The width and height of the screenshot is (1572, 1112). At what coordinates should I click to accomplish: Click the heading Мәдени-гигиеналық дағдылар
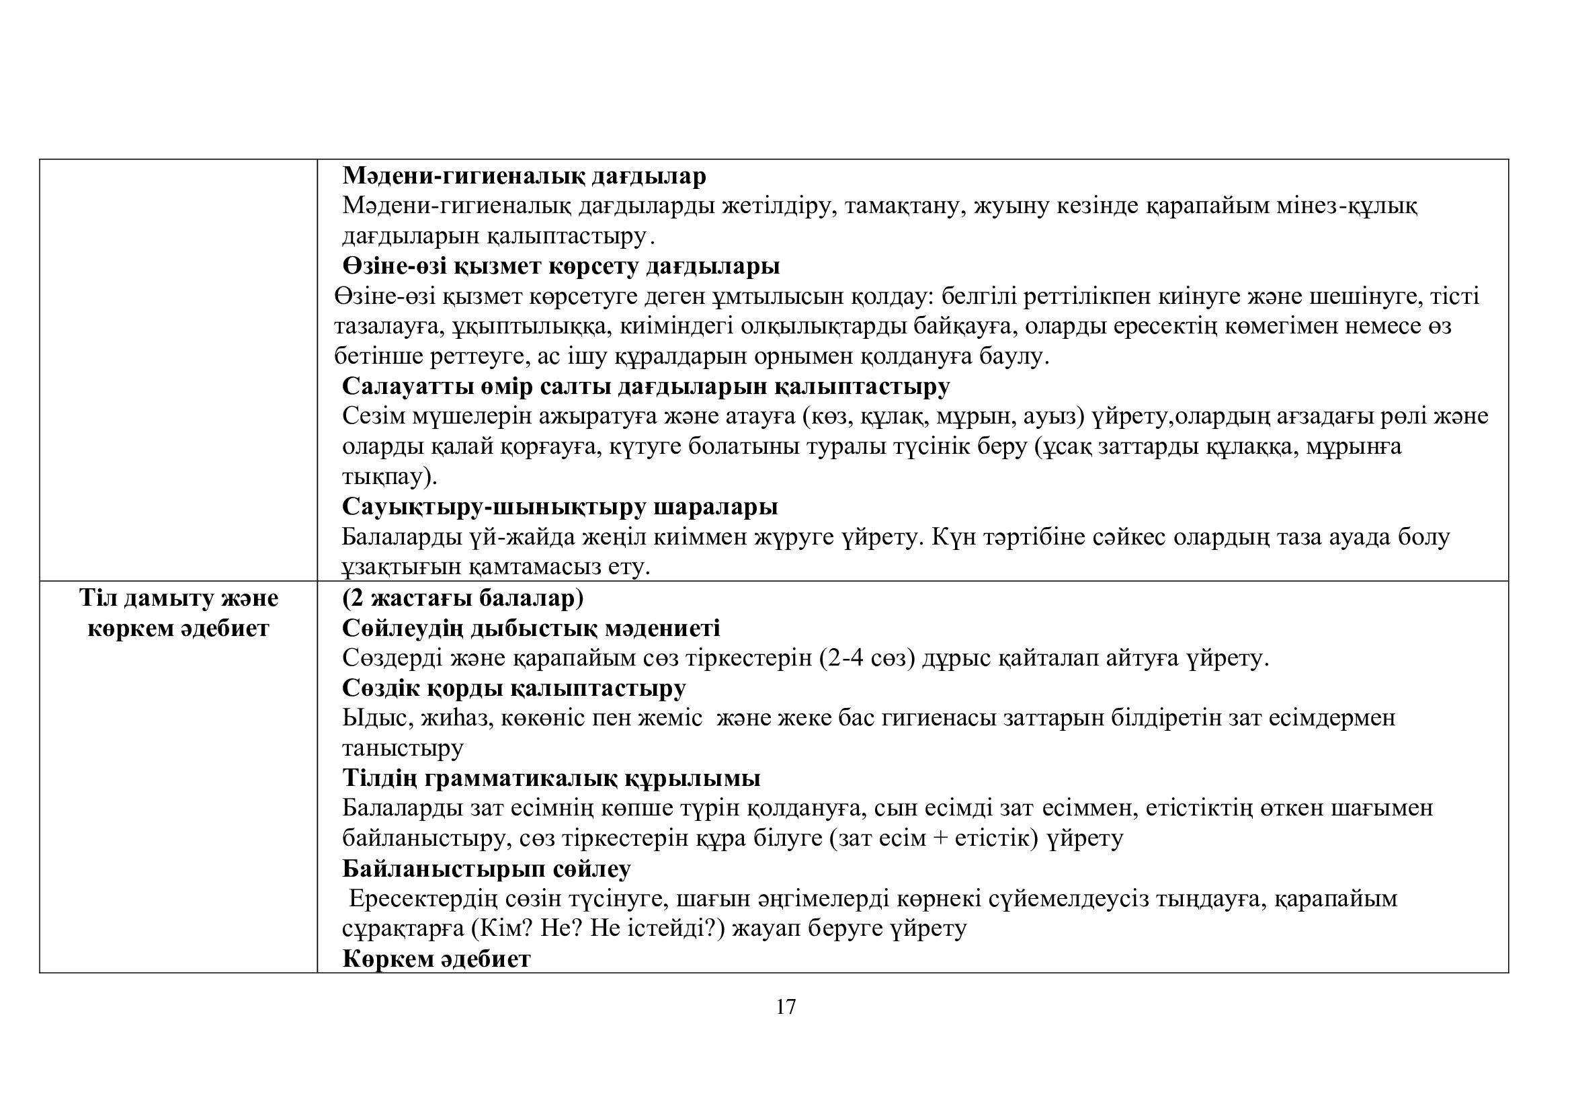click(524, 176)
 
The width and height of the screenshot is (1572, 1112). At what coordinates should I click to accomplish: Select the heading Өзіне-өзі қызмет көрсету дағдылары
click(561, 266)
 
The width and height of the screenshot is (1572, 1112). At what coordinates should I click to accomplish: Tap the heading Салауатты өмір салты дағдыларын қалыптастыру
click(646, 386)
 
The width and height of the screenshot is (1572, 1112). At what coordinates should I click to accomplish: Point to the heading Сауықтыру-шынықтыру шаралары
click(559, 507)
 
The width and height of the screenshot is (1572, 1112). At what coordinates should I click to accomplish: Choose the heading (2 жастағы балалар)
click(463, 598)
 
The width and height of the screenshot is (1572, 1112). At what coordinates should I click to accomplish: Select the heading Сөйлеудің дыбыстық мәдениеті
click(531, 628)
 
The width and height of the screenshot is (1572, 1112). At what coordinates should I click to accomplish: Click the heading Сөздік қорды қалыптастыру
click(513, 688)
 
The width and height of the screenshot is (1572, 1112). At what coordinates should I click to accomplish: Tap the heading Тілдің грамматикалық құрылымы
click(551, 779)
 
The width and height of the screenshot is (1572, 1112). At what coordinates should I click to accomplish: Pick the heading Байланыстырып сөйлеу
click(486, 869)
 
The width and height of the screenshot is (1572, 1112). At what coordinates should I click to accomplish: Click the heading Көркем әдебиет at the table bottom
click(436, 959)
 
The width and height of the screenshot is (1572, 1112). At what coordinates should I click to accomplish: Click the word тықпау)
click(389, 477)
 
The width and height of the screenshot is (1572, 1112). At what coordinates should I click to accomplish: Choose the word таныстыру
click(403, 748)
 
